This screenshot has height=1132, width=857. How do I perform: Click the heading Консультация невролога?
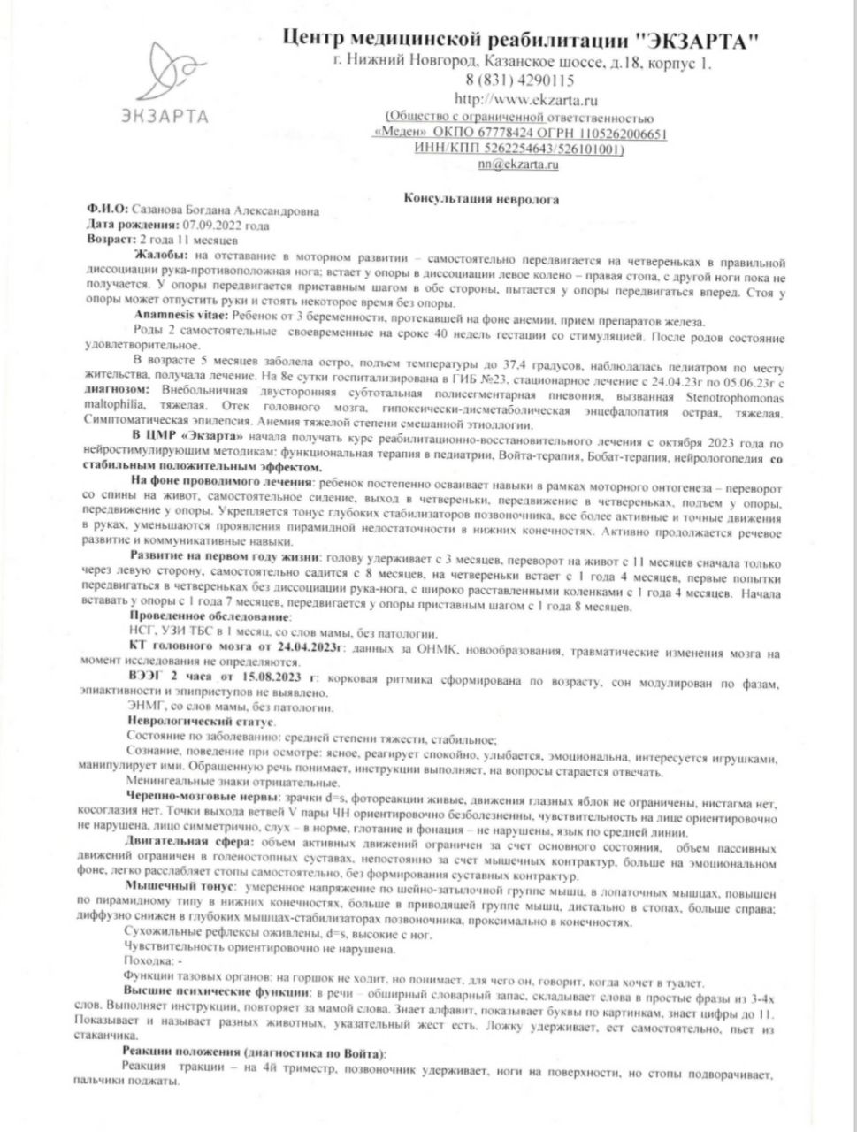[480, 199]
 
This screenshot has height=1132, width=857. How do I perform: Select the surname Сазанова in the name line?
[160, 211]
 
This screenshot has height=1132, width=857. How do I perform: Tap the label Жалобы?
[153, 254]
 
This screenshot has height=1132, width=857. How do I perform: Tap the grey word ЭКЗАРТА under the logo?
[165, 116]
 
